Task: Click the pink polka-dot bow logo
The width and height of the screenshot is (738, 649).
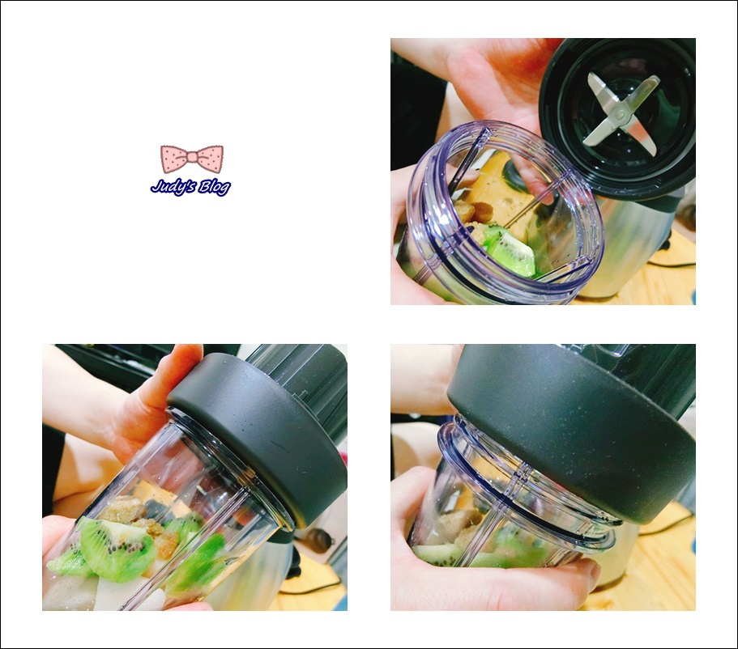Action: (192, 159)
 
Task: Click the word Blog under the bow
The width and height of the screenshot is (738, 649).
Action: (214, 188)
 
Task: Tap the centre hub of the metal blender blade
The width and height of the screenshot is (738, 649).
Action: (621, 112)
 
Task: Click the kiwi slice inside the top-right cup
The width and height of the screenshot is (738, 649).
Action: (510, 250)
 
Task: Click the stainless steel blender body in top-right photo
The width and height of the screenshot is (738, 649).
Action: (631, 244)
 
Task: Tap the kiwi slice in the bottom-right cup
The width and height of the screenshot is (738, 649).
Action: (438, 554)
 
